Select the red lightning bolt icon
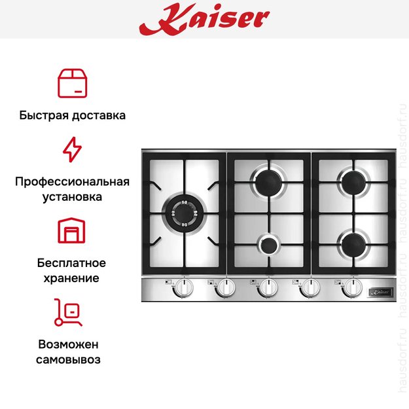(x=72, y=149)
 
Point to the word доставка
(x=97, y=115)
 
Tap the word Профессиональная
(x=72, y=181)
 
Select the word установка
(x=72, y=196)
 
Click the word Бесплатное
(x=72, y=263)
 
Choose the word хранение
(x=72, y=278)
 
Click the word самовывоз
(x=72, y=359)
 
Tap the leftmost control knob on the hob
(x=185, y=288)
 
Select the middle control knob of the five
(x=268, y=288)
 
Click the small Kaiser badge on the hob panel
(x=380, y=288)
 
